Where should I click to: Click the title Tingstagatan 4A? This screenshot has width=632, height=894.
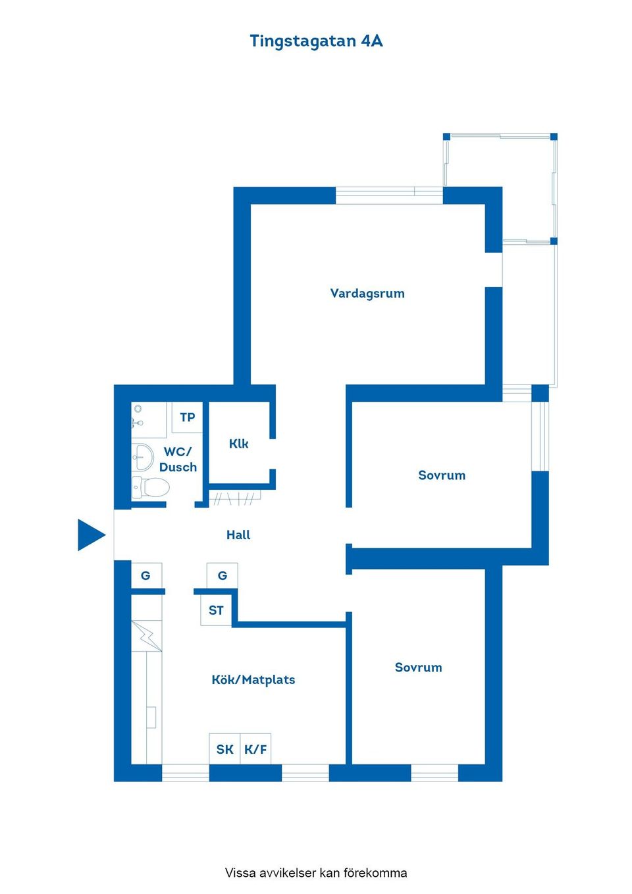(x=316, y=41)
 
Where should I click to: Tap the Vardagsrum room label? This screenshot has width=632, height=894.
(x=367, y=294)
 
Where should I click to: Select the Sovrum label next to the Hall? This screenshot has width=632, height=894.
(x=442, y=475)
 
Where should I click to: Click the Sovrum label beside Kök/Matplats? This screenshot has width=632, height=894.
(x=418, y=668)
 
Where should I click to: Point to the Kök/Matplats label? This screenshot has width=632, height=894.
(x=253, y=680)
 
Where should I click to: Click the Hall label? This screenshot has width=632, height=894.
(x=238, y=535)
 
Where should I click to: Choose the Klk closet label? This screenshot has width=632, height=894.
(x=238, y=444)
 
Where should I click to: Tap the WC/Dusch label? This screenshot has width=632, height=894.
(x=178, y=460)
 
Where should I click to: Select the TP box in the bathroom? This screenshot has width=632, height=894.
(x=187, y=417)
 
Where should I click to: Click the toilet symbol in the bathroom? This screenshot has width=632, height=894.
(x=151, y=487)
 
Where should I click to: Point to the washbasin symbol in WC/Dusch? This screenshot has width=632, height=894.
(x=142, y=456)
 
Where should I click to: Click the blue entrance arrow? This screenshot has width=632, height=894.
(x=91, y=535)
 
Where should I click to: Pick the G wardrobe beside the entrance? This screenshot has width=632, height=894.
(x=146, y=576)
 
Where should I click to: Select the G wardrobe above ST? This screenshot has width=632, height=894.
(x=222, y=576)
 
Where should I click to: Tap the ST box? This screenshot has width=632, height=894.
(x=216, y=610)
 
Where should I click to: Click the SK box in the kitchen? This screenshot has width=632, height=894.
(x=224, y=749)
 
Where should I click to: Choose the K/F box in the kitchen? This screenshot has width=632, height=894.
(x=255, y=749)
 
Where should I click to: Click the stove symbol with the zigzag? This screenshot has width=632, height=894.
(x=146, y=636)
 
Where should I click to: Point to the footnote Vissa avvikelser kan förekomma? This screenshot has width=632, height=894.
(x=316, y=873)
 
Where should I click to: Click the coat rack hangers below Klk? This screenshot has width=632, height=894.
(x=234, y=498)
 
